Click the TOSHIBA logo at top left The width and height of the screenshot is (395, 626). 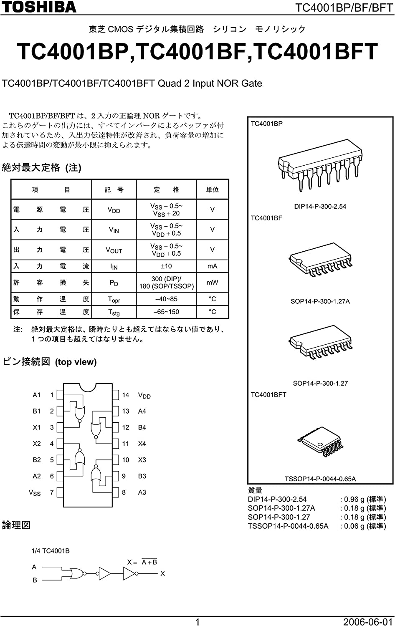(38, 7)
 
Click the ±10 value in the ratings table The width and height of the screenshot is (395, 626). (166, 266)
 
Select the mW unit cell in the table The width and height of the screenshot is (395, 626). (212, 283)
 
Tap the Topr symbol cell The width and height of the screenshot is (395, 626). (114, 299)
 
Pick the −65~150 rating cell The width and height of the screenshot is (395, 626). (166, 312)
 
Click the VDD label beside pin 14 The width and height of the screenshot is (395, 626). (144, 395)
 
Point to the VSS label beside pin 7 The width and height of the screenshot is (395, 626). (35, 493)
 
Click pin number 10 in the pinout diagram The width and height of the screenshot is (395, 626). (126, 460)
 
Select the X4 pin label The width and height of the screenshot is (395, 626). (142, 444)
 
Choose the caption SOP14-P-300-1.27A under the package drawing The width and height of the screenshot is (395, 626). (320, 301)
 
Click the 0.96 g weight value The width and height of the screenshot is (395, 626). (354, 499)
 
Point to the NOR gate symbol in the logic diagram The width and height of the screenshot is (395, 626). (77, 573)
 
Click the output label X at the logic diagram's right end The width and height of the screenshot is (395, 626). (162, 574)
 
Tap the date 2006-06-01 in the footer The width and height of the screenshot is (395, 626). (368, 622)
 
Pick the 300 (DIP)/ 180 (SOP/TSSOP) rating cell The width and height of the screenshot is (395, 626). (166, 283)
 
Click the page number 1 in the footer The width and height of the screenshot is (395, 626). (197, 622)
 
